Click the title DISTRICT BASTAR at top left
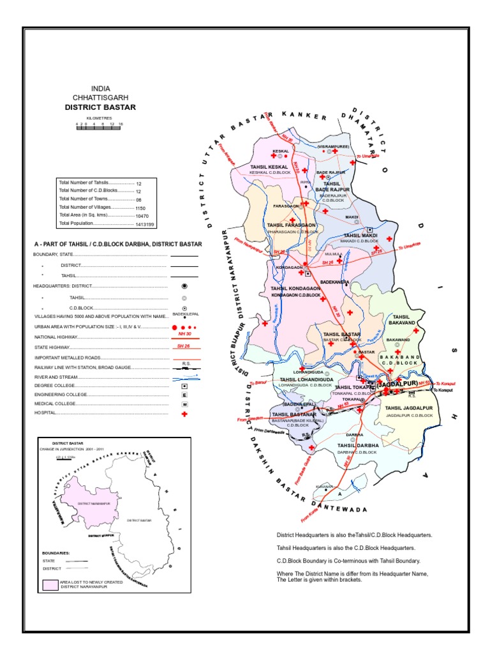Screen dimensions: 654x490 point(100,107)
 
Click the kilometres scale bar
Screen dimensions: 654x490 point(99,128)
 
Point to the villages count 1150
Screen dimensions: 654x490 point(140,208)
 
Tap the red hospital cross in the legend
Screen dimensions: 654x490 point(184,414)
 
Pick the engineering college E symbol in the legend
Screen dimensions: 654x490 point(184,395)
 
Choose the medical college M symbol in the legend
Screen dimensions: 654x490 point(184,405)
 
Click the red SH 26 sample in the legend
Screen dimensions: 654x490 point(184,347)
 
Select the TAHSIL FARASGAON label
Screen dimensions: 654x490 point(291,225)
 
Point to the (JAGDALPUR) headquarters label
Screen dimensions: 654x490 point(397,384)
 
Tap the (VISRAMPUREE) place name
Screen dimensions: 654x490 point(332,146)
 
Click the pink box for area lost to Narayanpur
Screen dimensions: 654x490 point(50,584)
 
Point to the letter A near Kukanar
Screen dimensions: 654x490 point(340,494)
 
